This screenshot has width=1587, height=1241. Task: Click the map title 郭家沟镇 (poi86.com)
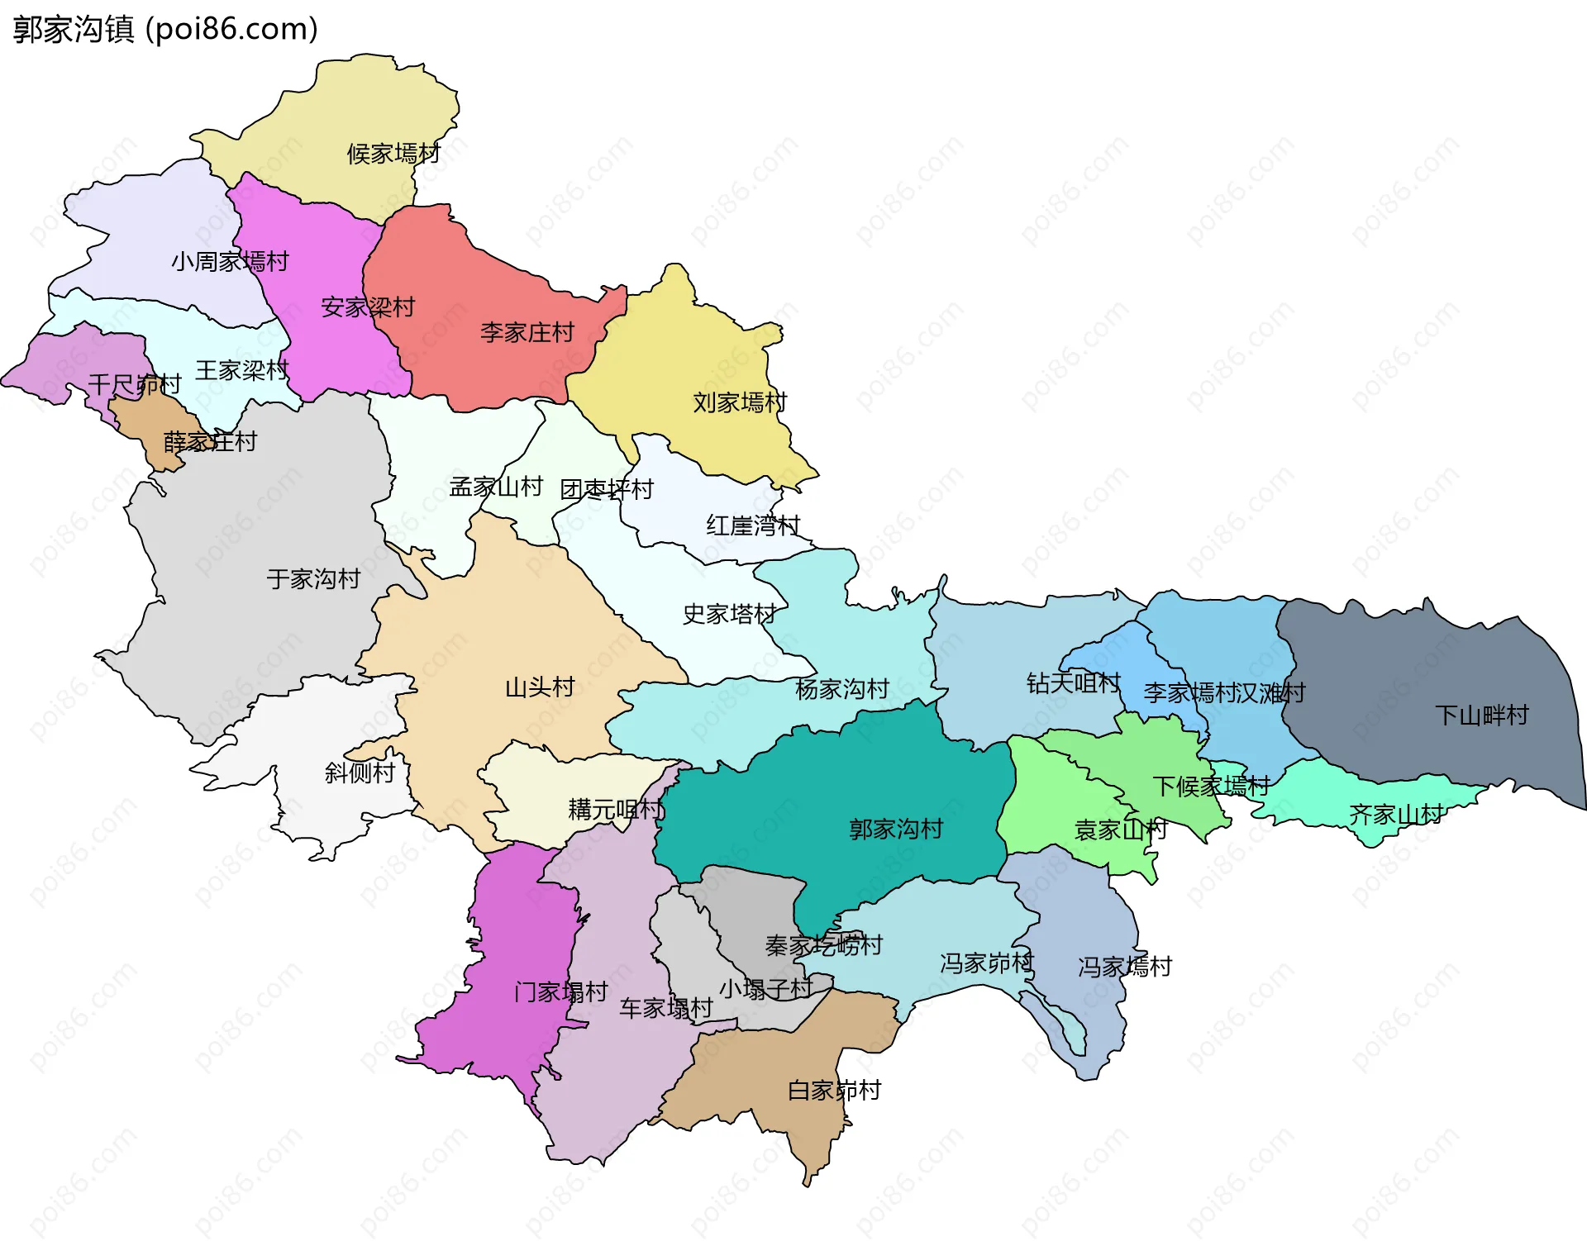tap(165, 30)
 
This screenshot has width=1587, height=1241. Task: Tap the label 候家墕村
tap(393, 154)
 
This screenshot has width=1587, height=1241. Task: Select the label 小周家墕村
tap(230, 262)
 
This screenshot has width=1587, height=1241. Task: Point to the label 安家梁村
tap(368, 307)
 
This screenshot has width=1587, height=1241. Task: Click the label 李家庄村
tap(527, 333)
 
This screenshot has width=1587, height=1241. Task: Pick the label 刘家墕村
tap(740, 403)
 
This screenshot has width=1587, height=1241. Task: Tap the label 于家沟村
tap(313, 579)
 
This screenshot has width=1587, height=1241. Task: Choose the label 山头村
tap(540, 687)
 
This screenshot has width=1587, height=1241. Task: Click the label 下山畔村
tap(1482, 716)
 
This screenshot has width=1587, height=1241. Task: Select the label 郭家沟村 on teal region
tap(896, 830)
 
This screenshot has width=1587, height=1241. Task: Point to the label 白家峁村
tap(834, 1091)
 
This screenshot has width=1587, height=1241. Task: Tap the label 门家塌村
tap(561, 992)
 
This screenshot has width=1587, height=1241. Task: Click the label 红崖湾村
tap(753, 525)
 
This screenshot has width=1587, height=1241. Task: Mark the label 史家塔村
tap(729, 614)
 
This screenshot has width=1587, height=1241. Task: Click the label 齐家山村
tap(1395, 815)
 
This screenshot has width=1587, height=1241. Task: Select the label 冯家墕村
tap(1125, 967)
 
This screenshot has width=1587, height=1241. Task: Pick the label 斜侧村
tap(360, 773)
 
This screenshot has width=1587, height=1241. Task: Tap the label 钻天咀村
tap(1073, 683)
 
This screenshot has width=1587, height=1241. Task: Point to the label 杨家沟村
tap(841, 689)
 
